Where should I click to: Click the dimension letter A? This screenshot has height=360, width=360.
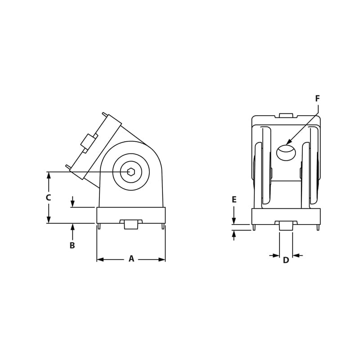coord(131,259)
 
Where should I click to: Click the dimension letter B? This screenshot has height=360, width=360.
coord(72,246)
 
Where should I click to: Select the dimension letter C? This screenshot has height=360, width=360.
coord(48,198)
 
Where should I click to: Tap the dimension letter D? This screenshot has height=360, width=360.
coord(286,260)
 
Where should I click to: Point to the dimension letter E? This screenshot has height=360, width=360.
coord(234,199)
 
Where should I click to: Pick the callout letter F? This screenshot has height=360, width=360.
coord(318,99)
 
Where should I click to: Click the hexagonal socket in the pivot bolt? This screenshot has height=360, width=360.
coord(130,171)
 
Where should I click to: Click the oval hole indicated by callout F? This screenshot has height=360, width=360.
coord(286,153)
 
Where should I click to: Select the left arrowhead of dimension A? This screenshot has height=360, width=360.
coord(100,260)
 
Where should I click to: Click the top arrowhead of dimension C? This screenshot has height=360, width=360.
coord(49,175)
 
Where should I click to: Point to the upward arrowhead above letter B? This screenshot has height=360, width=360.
coord(72,226)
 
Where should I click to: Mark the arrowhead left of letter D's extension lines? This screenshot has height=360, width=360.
coord(276,256)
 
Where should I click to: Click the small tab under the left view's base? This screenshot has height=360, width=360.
coord(131,224)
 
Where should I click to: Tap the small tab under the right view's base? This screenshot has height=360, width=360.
coord(286,225)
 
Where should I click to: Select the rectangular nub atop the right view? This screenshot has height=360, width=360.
coord(286,115)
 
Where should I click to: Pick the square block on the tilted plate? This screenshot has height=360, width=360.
coord(89,142)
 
